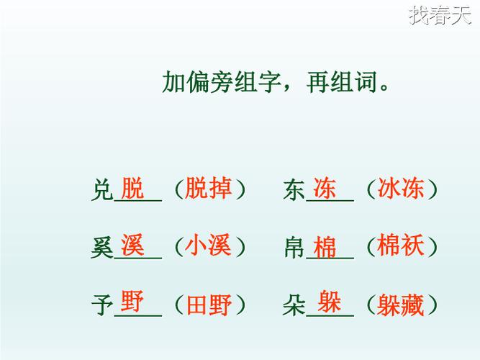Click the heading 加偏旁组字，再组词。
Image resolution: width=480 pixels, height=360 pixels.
[x=278, y=82]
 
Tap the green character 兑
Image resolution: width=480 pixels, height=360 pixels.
[x=103, y=190]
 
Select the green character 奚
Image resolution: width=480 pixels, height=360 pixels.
[x=103, y=248]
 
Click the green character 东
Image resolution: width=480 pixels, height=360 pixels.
[x=294, y=190]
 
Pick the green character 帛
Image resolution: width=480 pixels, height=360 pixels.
[x=294, y=248]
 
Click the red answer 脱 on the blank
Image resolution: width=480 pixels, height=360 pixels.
[x=133, y=188]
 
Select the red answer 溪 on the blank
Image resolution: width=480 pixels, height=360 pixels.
[x=133, y=245]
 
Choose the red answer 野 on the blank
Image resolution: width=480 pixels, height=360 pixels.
[x=133, y=301]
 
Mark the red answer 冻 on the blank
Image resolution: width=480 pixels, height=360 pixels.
[x=325, y=189]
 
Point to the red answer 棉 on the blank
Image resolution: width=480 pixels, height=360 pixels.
[x=325, y=247]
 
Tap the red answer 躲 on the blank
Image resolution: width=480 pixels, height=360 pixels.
[x=330, y=301]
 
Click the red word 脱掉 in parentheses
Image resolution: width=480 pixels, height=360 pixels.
[x=209, y=189]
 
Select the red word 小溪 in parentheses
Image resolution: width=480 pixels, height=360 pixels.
[x=209, y=246]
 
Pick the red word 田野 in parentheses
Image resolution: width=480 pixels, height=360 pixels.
[x=209, y=305]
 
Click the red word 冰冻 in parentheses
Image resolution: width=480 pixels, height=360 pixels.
[x=401, y=189]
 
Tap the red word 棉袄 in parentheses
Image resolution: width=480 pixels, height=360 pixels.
[x=401, y=246]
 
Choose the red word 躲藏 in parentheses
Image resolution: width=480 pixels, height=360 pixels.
[x=401, y=305]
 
